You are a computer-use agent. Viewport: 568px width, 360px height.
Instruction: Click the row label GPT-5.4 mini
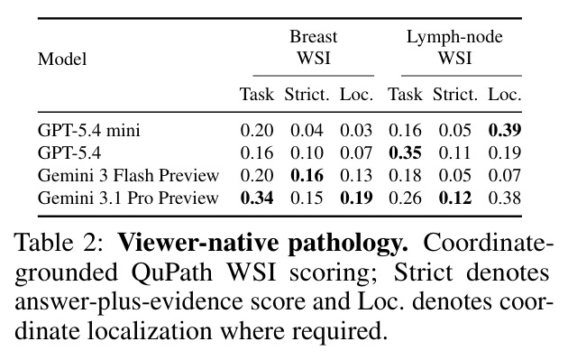(88, 131)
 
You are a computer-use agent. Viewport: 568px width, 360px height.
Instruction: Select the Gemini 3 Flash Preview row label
(128, 175)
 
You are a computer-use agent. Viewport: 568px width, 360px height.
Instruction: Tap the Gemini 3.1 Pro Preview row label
(128, 198)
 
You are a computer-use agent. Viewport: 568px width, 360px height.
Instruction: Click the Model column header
(62, 59)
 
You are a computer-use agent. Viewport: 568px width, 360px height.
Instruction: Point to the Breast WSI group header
(314, 48)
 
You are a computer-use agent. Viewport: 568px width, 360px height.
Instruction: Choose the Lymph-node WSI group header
(454, 48)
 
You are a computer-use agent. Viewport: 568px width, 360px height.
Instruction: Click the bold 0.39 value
(505, 131)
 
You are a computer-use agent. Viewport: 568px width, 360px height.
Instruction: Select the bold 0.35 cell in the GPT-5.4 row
(406, 153)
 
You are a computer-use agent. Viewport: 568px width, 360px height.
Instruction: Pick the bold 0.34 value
(257, 198)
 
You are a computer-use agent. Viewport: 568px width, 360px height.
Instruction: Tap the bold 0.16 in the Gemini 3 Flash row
(307, 175)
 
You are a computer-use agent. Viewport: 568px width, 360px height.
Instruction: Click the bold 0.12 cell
(455, 198)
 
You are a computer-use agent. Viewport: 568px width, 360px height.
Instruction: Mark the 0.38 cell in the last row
(505, 198)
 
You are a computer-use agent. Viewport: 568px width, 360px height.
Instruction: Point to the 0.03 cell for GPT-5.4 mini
(356, 131)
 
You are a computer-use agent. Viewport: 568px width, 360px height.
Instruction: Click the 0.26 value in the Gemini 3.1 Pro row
(406, 198)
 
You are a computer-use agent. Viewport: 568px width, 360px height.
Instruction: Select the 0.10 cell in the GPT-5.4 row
(307, 153)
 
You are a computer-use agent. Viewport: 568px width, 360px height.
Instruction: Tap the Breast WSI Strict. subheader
(307, 95)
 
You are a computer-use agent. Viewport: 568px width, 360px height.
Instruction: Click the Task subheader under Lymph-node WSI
(406, 95)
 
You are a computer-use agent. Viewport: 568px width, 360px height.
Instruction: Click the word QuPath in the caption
(171, 272)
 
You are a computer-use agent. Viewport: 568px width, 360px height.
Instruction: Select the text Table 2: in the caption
(59, 243)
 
